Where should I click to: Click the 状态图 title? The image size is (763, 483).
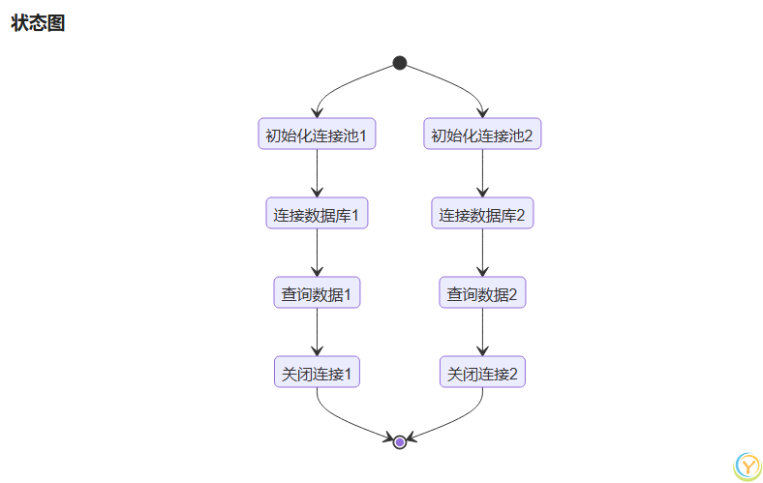(x=38, y=24)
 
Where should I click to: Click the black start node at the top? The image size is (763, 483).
(x=400, y=63)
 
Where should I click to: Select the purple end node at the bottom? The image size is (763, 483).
(x=400, y=442)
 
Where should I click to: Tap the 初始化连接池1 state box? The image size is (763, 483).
(x=317, y=134)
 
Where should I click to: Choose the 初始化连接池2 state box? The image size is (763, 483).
(x=482, y=134)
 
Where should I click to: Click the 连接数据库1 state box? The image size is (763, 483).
(x=317, y=213)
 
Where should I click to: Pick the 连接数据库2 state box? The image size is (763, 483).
(x=482, y=213)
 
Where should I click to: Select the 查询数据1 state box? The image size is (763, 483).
(x=317, y=292)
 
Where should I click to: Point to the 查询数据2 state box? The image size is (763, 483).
(x=482, y=292)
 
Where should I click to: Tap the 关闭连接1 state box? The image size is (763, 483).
(x=317, y=372)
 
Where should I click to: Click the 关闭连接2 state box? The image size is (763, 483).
(x=482, y=372)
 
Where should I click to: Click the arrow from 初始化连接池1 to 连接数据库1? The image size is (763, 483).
(x=317, y=173)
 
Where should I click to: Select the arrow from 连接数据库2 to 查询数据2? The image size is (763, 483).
(x=482, y=253)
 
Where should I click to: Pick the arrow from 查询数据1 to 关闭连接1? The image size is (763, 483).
(x=317, y=332)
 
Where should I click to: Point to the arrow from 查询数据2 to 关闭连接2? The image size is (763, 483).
(x=482, y=332)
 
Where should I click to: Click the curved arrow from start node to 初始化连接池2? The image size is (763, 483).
(x=459, y=83)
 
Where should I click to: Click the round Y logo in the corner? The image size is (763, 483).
(x=748, y=466)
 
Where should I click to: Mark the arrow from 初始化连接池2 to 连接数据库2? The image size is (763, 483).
(x=482, y=173)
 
